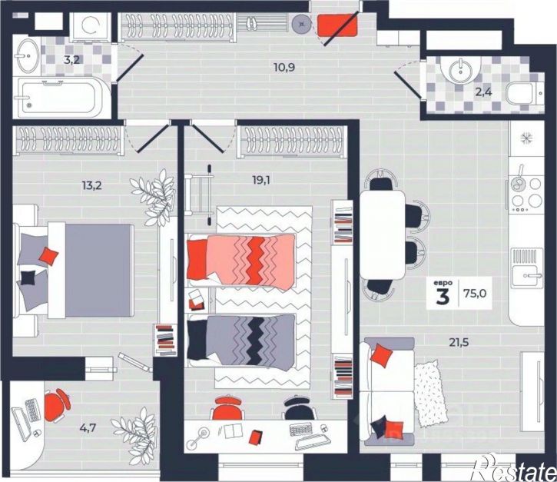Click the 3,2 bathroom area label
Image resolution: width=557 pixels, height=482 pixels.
point(71,60)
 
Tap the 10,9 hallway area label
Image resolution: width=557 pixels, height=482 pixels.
point(284,67)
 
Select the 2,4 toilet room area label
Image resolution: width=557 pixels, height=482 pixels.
point(484,92)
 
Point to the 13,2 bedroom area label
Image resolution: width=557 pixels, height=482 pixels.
point(92,185)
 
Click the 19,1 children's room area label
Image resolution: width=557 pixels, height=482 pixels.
point(261,180)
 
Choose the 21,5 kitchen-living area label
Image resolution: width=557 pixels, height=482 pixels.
point(459,342)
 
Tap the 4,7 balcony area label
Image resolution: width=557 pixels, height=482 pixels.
point(88,427)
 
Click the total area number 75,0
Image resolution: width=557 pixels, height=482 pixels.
point(475,293)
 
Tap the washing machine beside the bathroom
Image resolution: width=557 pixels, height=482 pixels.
point(90,27)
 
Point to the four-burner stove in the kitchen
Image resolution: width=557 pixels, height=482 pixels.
point(527,194)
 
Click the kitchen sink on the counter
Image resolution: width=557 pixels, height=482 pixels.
point(527,268)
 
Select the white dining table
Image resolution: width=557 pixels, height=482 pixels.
point(383,234)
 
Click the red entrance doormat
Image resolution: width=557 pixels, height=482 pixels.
point(337,25)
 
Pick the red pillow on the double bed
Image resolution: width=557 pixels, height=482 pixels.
point(48,256)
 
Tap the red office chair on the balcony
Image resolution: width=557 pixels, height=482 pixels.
point(57,405)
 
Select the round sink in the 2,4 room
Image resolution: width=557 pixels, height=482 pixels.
point(460,69)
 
